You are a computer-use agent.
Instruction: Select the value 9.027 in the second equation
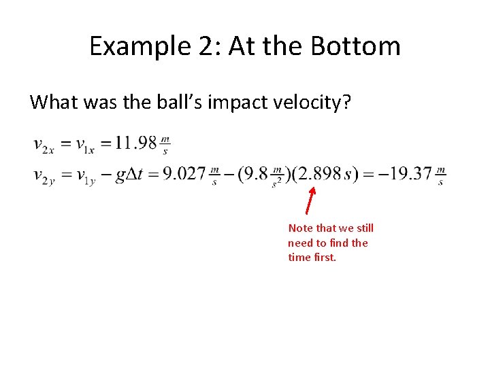tap(184, 174)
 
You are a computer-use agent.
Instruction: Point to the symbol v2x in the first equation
tap(44, 145)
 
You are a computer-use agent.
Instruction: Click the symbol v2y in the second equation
tap(44, 175)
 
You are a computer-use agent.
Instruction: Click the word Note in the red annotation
tap(300, 228)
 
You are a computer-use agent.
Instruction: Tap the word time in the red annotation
tap(299, 258)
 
